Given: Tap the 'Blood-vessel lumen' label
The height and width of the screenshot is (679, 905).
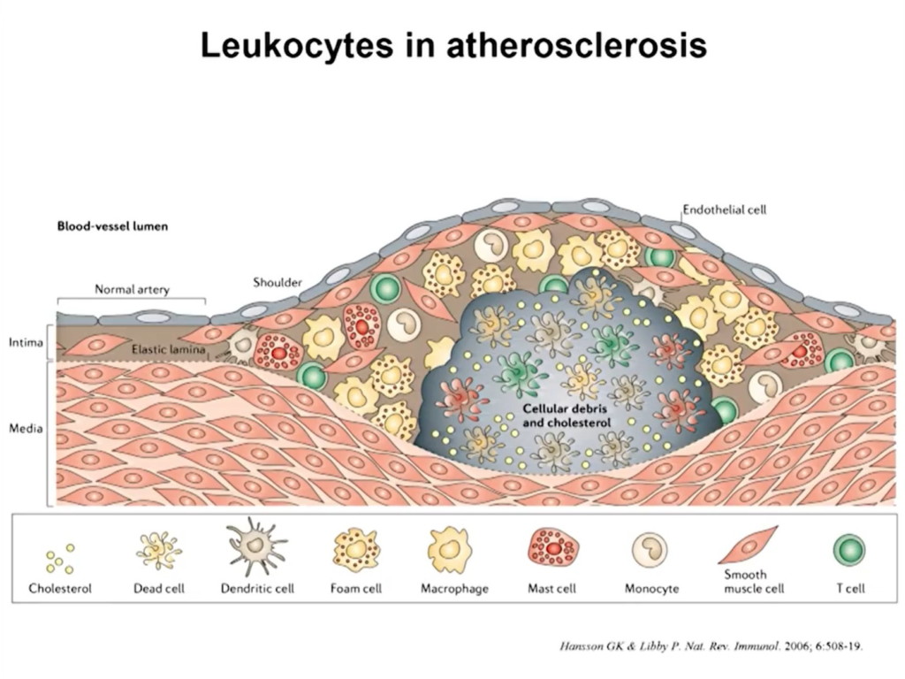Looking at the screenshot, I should [x=112, y=226].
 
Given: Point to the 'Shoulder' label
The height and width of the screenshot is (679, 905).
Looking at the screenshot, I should [x=278, y=283].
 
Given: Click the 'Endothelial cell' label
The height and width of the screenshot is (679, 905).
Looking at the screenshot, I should [x=724, y=210].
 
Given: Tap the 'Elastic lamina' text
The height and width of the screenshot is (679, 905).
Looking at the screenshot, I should [x=168, y=349].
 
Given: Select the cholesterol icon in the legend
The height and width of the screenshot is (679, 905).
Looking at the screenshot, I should [x=60, y=557].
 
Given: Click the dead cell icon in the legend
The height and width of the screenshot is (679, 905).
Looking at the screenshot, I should [x=159, y=551].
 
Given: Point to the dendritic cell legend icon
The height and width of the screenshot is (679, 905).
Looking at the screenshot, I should [x=257, y=546].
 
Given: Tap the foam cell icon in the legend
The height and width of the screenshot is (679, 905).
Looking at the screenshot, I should [x=356, y=550].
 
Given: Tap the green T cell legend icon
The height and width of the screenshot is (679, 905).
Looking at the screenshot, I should [x=848, y=551].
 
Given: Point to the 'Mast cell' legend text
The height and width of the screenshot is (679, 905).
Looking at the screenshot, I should [x=553, y=588].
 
